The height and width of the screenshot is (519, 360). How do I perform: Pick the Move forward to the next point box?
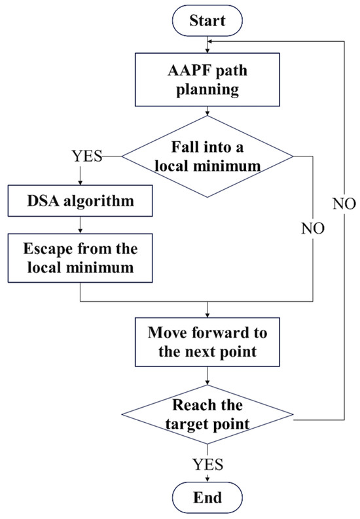point(207,342)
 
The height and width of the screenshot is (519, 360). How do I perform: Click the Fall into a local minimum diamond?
point(207,157)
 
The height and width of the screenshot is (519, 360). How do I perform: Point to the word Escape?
point(48,251)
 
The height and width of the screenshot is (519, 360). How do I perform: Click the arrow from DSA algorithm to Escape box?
point(79,224)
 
